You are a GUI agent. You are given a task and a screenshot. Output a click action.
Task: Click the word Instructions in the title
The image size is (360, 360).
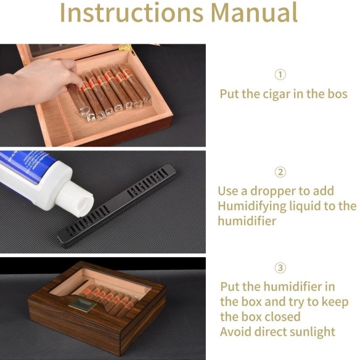[131, 12]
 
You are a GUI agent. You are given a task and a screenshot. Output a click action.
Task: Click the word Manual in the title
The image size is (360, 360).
[255, 12]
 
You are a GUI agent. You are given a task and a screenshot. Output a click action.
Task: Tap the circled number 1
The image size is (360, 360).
[280, 75]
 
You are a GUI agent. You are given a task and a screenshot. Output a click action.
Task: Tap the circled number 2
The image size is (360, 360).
[280, 172]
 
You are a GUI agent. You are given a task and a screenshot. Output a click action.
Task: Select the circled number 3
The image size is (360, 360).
[280, 268]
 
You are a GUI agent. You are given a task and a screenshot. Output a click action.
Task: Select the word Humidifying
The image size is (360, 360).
[252, 207]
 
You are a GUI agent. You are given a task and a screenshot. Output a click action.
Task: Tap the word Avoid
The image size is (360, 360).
[236, 332]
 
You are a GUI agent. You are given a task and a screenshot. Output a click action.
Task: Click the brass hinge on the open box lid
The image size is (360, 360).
[125, 47]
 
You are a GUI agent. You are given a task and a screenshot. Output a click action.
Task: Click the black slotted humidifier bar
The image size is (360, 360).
[117, 206]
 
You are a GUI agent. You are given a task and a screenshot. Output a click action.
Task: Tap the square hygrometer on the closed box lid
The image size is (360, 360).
[83, 304]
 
